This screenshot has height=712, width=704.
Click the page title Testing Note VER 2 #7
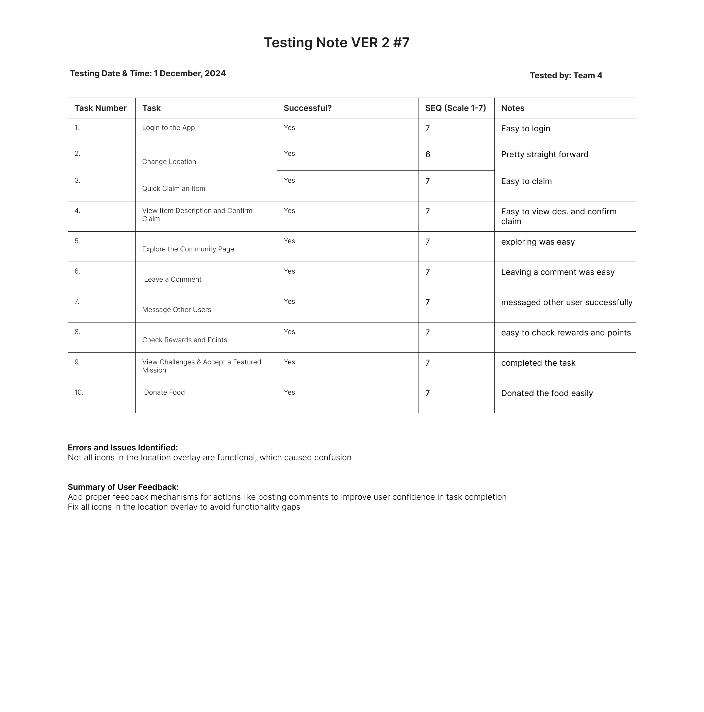337,43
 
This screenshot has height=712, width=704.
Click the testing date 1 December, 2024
190,73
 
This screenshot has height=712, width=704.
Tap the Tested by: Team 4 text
566,76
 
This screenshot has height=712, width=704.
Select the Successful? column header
307,108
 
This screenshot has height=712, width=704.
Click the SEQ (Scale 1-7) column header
455,108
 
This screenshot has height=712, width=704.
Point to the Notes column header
512,108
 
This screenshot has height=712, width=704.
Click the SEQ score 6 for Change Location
428,154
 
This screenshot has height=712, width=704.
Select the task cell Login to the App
168,128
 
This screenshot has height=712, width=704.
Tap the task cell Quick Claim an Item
174,189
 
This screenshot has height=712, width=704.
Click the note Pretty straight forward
544,154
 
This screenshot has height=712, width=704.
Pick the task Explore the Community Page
188,249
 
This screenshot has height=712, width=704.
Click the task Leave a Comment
173,279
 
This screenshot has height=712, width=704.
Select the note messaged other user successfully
567,302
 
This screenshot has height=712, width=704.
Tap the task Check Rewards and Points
184,340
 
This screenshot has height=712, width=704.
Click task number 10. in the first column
79,393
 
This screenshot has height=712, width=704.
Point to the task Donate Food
164,393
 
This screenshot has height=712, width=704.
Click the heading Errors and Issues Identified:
123,448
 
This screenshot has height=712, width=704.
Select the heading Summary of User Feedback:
123,487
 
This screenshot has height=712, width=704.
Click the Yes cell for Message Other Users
289,302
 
